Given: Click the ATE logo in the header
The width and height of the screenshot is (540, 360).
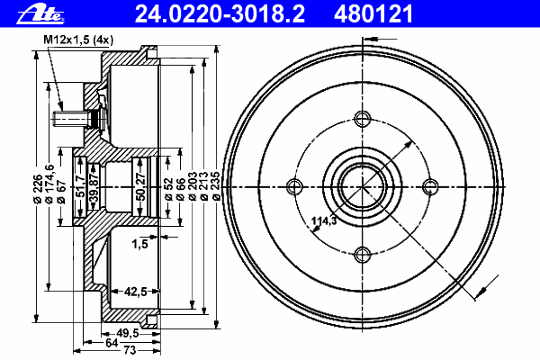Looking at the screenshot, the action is (40, 14).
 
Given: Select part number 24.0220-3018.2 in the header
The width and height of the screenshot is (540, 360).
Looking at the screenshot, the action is (220, 14).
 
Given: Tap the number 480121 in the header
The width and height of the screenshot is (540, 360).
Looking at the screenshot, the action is (373, 14).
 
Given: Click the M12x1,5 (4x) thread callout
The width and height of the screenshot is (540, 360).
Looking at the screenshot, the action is (78, 40).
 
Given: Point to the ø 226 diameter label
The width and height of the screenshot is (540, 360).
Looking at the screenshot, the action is (38, 188).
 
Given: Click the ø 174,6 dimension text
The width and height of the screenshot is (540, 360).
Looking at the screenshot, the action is (49, 184).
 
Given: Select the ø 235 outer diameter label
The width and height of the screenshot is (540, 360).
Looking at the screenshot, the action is (216, 186).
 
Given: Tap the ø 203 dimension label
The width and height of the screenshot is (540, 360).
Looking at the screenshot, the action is (193, 186).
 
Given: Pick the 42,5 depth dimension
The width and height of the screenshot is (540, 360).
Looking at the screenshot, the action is (135, 292).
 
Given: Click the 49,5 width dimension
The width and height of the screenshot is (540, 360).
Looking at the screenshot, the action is (128, 333).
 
